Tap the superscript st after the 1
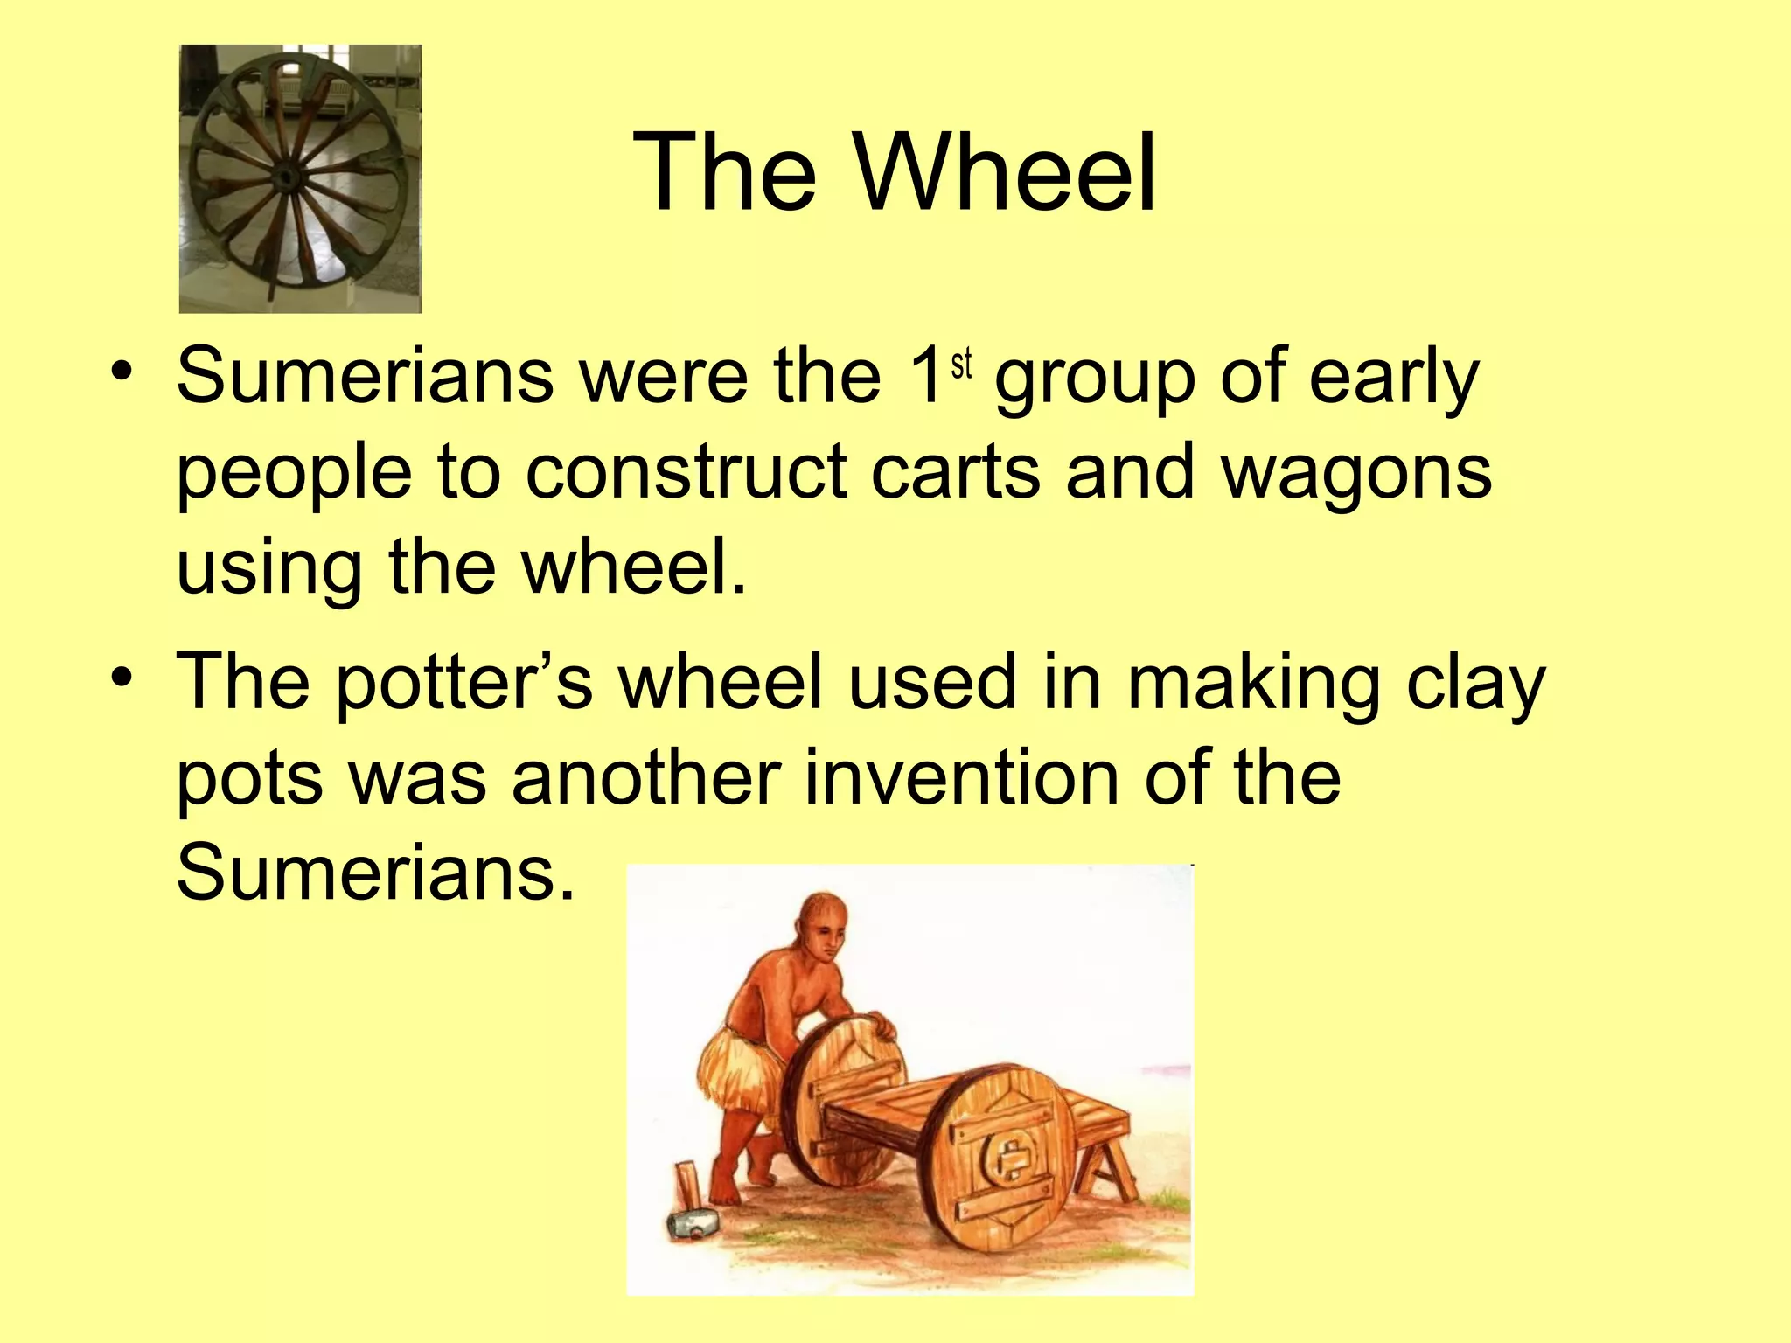coord(962,365)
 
